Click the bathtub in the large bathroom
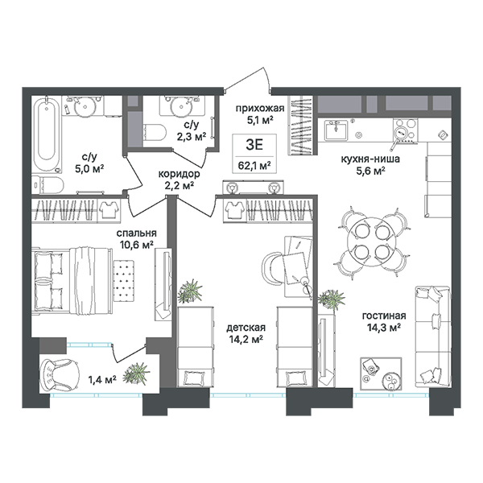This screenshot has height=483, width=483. click(x=47, y=135)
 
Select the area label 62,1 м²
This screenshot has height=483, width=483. click(x=254, y=166)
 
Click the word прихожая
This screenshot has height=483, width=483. click(x=260, y=108)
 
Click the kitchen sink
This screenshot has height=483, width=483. click(x=336, y=130)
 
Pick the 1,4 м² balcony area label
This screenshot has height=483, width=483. click(x=102, y=379)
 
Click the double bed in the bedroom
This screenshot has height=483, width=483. click(x=72, y=279)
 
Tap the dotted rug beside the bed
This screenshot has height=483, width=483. click(x=124, y=281)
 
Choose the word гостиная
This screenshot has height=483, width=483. click(x=384, y=316)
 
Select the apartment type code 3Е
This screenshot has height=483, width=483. click(x=254, y=144)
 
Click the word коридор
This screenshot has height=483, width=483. click(x=179, y=174)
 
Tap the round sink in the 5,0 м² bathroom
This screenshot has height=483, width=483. click(x=83, y=107)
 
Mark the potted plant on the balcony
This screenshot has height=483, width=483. click(x=136, y=374)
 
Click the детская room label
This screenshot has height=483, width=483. click(x=246, y=328)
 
